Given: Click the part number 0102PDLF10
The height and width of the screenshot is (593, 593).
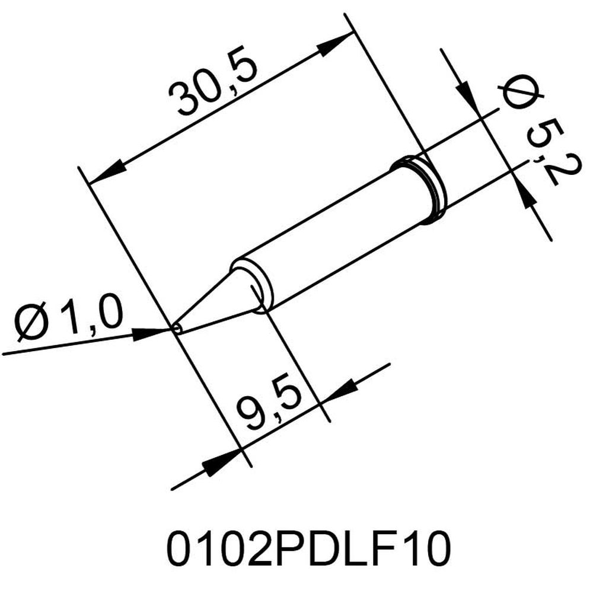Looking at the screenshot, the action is (x=308, y=548).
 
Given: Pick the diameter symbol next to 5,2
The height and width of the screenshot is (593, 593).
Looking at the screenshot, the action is (x=522, y=92).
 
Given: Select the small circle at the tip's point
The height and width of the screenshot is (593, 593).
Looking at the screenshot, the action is (x=177, y=329).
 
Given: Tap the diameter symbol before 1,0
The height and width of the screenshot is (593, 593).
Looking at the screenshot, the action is (x=32, y=322).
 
